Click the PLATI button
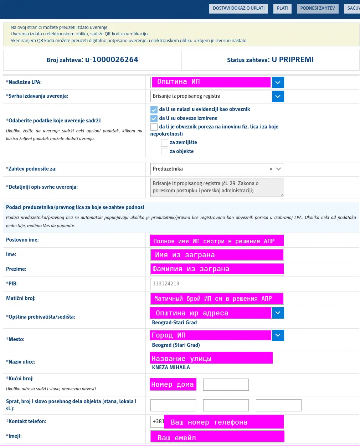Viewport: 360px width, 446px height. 282,8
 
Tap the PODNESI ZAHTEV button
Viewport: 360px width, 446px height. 317,8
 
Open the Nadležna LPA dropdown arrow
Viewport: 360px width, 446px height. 278,82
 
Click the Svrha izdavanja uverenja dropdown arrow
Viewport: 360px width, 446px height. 278,96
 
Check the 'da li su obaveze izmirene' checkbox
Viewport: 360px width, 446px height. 154,118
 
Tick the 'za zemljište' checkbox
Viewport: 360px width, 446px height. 164,143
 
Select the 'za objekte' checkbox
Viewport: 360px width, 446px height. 164,152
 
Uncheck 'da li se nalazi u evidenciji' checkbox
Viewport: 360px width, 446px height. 154,110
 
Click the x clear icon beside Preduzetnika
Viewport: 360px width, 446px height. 271,169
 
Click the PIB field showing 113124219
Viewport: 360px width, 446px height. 217,284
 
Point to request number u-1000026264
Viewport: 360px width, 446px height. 112,60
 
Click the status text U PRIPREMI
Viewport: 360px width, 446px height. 293,60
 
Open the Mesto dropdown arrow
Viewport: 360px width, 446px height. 278,335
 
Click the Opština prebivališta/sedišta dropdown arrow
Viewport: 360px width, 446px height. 278,313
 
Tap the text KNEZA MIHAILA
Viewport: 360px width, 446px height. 171,368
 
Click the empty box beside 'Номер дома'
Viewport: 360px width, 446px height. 226,385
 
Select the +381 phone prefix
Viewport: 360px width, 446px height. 158,421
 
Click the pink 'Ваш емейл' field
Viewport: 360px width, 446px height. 217,437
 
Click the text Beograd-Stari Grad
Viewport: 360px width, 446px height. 174,323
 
